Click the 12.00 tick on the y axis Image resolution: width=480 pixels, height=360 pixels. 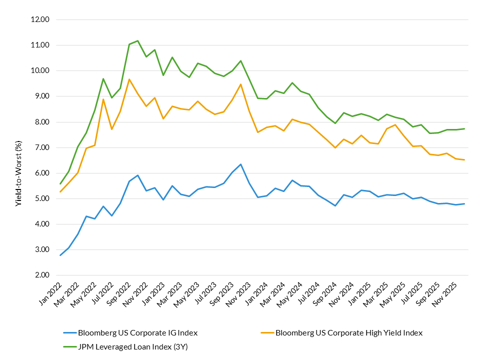coord(40,19)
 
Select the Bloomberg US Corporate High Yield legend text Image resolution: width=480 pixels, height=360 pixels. coord(349,332)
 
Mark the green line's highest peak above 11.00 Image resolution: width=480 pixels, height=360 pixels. coord(137,40)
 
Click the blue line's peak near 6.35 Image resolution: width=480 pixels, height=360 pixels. coord(240,164)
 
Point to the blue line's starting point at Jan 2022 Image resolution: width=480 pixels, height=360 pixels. coord(60,255)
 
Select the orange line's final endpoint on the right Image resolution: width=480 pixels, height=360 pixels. coord(464,160)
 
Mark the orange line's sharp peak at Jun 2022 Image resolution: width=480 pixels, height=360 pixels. coord(103,99)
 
